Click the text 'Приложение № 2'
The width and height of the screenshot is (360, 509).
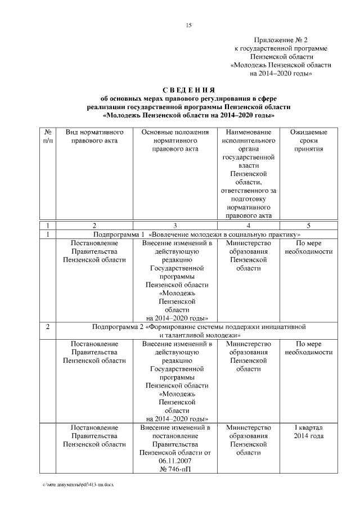[x=281, y=40]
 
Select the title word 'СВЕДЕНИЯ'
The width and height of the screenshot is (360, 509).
[x=189, y=90]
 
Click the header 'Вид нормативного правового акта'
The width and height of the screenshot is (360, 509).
[x=94, y=136]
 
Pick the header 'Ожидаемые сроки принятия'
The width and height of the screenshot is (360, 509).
[x=308, y=140]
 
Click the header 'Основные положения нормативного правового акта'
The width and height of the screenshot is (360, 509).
[x=175, y=140]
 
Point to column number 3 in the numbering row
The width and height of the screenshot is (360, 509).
[x=175, y=225]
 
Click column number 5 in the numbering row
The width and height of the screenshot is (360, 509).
[x=308, y=225]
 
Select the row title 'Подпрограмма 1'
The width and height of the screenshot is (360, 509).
[x=119, y=234]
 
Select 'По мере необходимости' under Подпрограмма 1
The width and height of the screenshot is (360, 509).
[x=308, y=247]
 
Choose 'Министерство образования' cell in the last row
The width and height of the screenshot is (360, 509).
[x=248, y=436]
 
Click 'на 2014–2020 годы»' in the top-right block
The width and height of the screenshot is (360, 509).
[x=281, y=74]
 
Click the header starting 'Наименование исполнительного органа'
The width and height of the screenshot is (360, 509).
[x=248, y=173]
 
